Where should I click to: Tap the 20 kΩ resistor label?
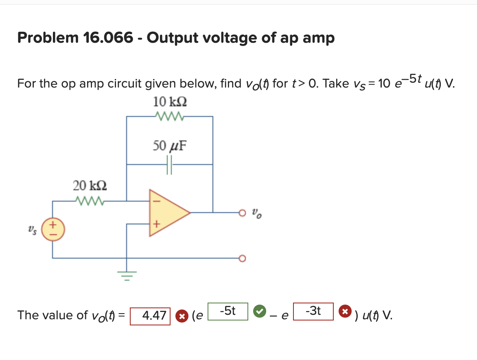(90, 186)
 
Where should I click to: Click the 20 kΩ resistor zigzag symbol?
(90, 200)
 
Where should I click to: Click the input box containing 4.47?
(150, 316)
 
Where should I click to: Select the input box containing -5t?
(228, 312)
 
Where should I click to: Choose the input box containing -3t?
(313, 312)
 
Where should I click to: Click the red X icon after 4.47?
(181, 316)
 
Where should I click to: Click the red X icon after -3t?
(345, 312)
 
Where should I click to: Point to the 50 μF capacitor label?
(170, 145)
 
